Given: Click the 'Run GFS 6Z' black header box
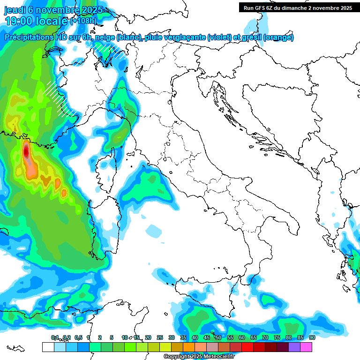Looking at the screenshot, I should click(298, 7).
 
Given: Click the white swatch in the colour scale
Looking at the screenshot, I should click(48, 347).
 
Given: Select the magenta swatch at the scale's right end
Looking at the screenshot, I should click(306, 347).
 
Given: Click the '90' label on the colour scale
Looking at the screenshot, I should click(312, 337).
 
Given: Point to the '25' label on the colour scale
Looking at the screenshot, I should click(160, 337).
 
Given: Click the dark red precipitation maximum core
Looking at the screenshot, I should click(26, 151).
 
